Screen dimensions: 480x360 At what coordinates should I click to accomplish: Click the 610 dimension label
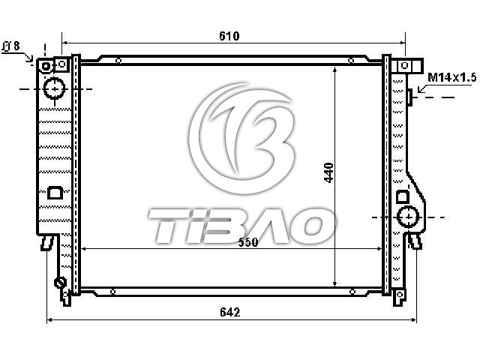(229, 36)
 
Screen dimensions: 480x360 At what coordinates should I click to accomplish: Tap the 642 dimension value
(230, 312)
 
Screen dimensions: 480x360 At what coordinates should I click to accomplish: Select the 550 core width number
(248, 242)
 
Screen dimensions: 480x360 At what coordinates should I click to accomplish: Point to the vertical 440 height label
(328, 173)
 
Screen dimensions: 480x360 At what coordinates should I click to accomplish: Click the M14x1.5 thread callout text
(451, 77)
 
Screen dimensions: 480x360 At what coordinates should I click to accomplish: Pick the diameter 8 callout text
(11, 46)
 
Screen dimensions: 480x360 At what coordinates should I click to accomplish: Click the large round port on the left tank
(55, 88)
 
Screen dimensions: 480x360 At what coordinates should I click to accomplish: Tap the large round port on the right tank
(408, 217)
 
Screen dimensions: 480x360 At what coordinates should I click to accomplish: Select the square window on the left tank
(55, 193)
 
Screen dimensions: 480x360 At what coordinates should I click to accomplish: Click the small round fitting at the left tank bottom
(60, 282)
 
